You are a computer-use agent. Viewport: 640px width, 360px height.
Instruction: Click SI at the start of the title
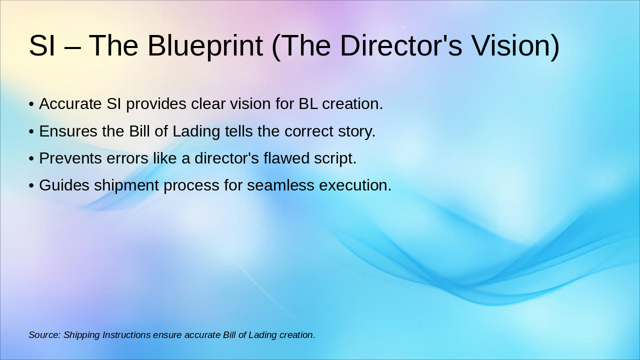(41, 45)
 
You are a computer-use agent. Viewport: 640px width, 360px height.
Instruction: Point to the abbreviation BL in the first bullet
(308, 103)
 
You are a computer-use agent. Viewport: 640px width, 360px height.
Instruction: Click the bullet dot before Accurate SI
(31, 104)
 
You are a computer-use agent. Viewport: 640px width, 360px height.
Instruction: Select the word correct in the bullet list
(308, 131)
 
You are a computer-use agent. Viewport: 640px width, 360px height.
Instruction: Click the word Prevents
(70, 158)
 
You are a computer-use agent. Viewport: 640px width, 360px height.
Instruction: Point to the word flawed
(286, 158)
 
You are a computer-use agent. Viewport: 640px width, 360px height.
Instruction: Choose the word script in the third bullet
(335, 159)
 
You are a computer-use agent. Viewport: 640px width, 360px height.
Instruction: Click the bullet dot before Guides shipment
(31, 185)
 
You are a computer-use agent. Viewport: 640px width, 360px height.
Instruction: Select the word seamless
(280, 185)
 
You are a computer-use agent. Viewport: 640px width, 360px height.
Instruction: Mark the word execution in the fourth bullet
(355, 185)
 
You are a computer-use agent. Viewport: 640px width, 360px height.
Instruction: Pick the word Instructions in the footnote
(126, 335)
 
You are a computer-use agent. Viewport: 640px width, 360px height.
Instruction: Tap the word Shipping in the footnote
(81, 335)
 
